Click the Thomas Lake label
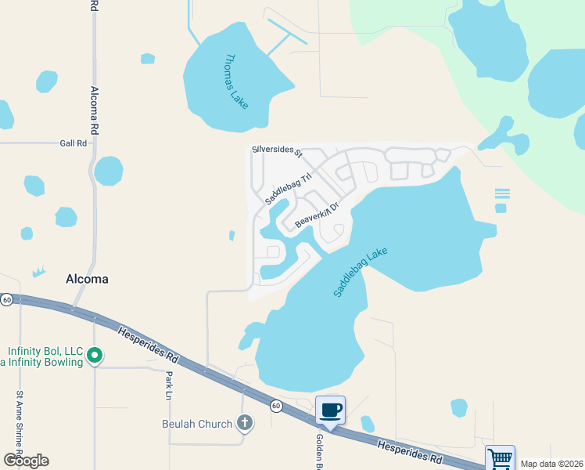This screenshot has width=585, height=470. click(235, 81)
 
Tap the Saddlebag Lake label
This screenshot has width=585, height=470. click(361, 272)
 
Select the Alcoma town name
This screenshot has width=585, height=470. click(87, 279)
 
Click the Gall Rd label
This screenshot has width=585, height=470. click(71, 143)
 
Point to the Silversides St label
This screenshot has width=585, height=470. click(277, 149)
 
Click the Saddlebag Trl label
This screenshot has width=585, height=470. click(282, 189)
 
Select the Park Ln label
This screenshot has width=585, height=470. click(168, 385)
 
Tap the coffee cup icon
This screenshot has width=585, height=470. click(330, 409)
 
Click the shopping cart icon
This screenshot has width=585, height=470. click(500, 457)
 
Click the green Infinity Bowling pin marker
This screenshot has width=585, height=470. click(95, 356)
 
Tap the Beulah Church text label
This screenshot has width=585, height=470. click(197, 424)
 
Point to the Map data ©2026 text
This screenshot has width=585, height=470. click(551, 464)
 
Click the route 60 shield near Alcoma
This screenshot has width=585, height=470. click(6, 299)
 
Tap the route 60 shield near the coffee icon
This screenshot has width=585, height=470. click(276, 406)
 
